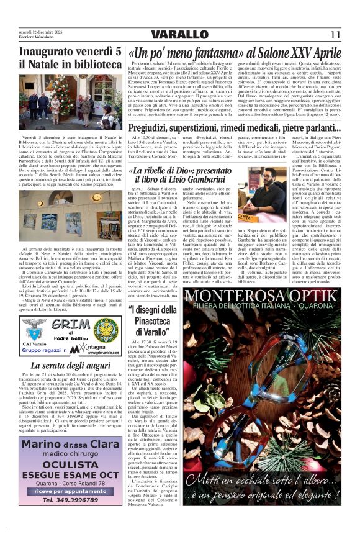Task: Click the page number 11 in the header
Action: point(335,34)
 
